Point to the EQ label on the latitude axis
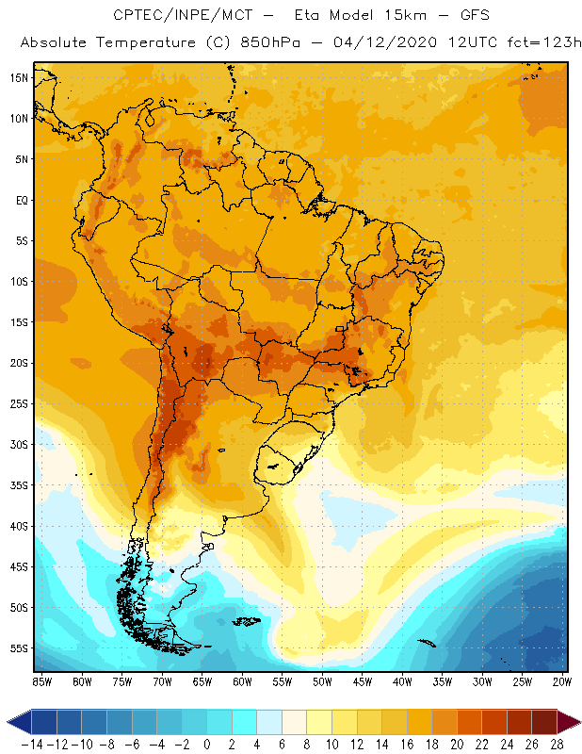click(x=21, y=200)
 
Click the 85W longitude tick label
click(x=42, y=680)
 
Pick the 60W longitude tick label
click(x=242, y=680)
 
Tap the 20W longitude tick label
click(x=562, y=680)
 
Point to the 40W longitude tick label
click(x=402, y=680)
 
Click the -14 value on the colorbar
click(x=31, y=744)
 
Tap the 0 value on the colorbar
click(x=207, y=744)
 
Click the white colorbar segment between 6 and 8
click(x=295, y=722)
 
